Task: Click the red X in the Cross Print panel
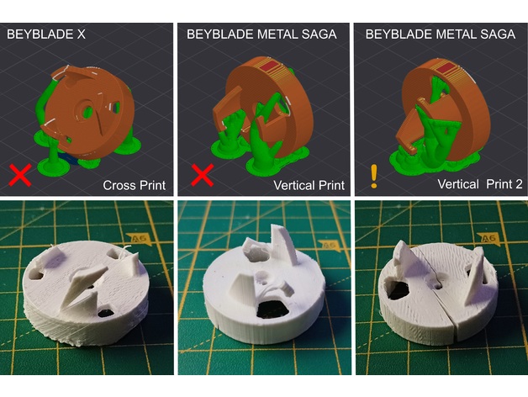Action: tap(20, 175)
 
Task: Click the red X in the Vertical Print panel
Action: tap(202, 175)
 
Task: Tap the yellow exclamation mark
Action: tap(374, 176)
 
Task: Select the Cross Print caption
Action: tap(134, 185)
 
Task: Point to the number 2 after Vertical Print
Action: tap(519, 184)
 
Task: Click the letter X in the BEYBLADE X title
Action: tap(82, 34)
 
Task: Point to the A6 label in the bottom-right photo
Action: tap(488, 239)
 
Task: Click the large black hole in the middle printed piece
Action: tap(272, 310)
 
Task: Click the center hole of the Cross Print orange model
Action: tap(88, 110)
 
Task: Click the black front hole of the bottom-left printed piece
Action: tap(107, 312)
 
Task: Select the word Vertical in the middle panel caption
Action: tap(293, 185)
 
